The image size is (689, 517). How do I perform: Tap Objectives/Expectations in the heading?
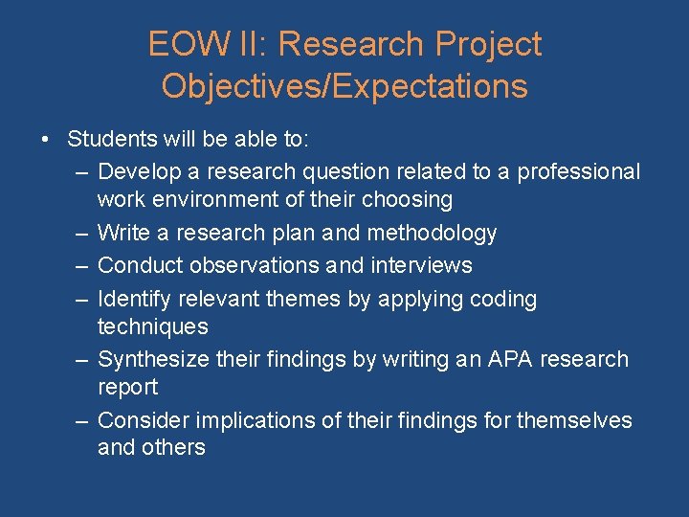(344, 86)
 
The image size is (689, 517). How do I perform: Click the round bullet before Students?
(46, 140)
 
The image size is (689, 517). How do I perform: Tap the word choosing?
(408, 200)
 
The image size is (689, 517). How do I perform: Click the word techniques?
(152, 326)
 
